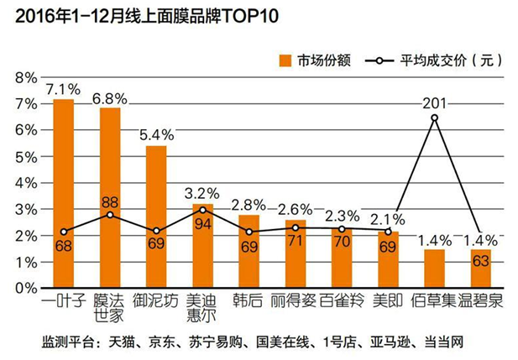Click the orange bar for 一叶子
64,194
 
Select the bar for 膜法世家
110,198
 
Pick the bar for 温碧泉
480,269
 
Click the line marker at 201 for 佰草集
434,117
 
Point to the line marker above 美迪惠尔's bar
202,210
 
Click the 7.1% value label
63,88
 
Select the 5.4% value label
156,134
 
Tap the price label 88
110,202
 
